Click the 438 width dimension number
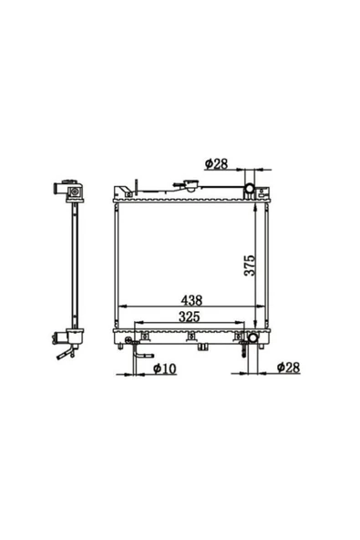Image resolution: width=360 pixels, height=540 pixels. click(191, 300)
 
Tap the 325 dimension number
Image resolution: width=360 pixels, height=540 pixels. click(190, 317)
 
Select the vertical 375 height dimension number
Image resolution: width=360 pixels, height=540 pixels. click(250, 265)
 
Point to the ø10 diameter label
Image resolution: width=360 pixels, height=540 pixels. click(165, 369)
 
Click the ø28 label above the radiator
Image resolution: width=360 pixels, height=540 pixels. click(216, 164)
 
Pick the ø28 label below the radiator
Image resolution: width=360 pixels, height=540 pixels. click(288, 368)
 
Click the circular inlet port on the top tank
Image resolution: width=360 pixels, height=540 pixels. click(250, 188)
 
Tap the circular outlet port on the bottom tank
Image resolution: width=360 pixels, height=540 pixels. click(253, 337)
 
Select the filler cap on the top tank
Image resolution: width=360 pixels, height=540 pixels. click(190, 185)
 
